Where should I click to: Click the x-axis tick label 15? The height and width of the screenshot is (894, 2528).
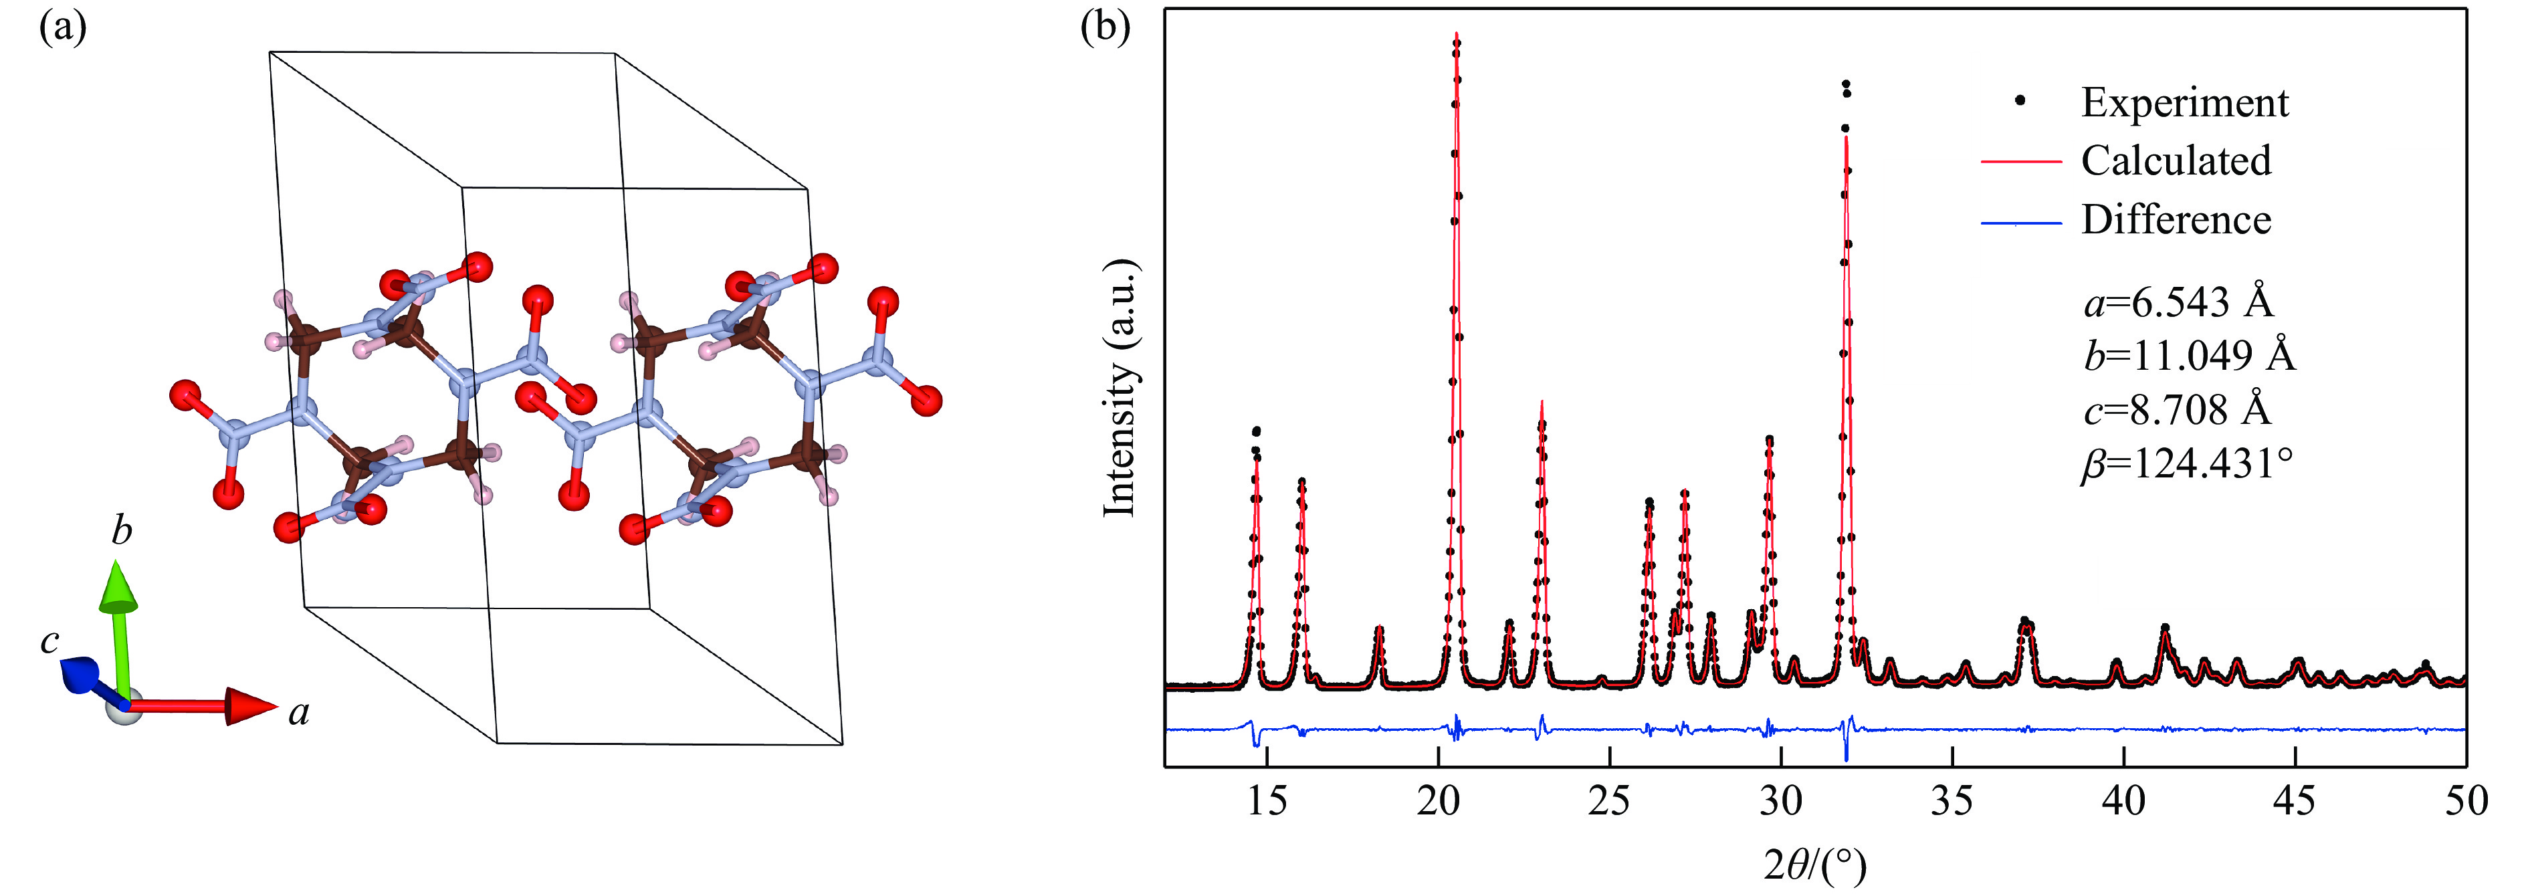tap(1266, 801)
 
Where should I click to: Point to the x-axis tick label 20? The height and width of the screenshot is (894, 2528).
tap(1438, 801)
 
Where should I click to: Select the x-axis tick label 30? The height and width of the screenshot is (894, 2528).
tap(1780, 801)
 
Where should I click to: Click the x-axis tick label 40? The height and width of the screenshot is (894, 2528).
tap(2123, 801)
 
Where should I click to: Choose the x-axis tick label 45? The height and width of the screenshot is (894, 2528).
tap(2295, 801)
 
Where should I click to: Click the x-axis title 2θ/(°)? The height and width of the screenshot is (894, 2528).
tap(1814, 865)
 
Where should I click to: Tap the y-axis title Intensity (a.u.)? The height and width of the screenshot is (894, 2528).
tap(1120, 388)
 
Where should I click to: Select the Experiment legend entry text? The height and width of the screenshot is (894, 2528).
tap(2184, 103)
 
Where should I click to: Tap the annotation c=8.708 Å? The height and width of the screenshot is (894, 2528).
tap(2177, 409)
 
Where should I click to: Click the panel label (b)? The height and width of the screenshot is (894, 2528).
tap(1104, 27)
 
